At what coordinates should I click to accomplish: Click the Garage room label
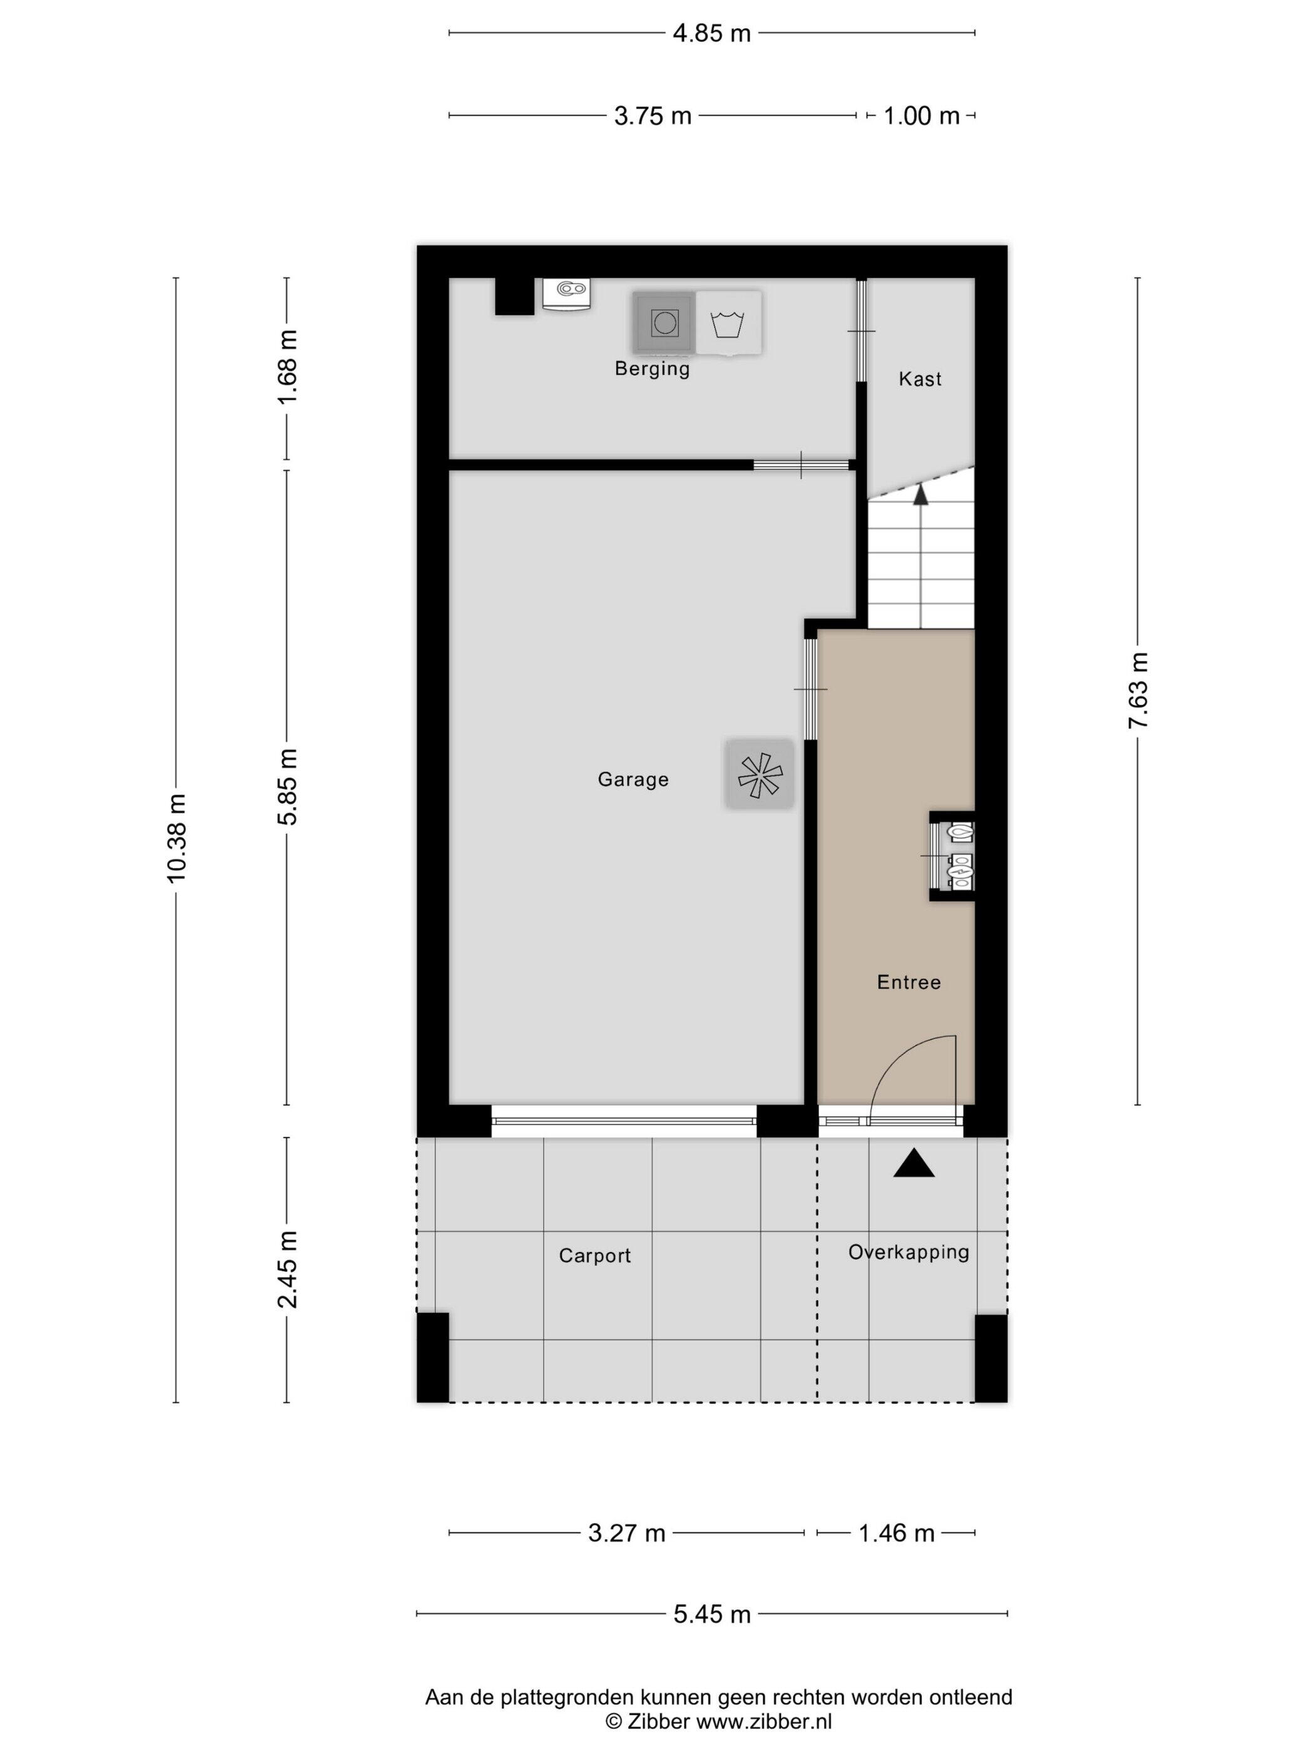[632, 780]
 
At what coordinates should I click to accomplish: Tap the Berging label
[652, 369]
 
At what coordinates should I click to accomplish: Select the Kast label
[920, 379]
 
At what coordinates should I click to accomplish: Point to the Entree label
[909, 982]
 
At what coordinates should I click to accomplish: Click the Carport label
[594, 1255]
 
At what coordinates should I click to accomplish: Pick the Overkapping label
[909, 1252]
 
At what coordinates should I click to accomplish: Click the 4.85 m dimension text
[711, 33]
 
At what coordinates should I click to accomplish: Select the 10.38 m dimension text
[176, 837]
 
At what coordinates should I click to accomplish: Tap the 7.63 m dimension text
[1138, 690]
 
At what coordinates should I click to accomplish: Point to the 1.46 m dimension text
[897, 1534]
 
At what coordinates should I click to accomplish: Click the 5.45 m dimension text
[711, 1613]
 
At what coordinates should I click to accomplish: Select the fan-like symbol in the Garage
[759, 775]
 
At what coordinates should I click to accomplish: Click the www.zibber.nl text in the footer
[763, 1721]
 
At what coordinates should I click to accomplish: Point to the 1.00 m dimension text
[920, 116]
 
